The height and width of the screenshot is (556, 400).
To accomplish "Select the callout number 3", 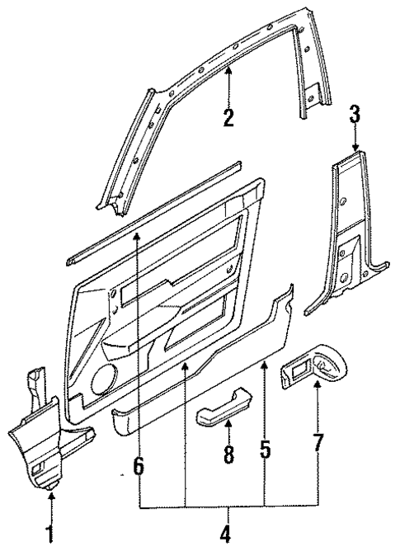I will pos(354,113).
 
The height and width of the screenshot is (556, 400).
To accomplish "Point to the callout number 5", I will pos(264,451).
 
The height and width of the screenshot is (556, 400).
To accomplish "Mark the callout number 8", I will pos(228,453).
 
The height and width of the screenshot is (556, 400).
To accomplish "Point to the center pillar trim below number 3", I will pos(351,239).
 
